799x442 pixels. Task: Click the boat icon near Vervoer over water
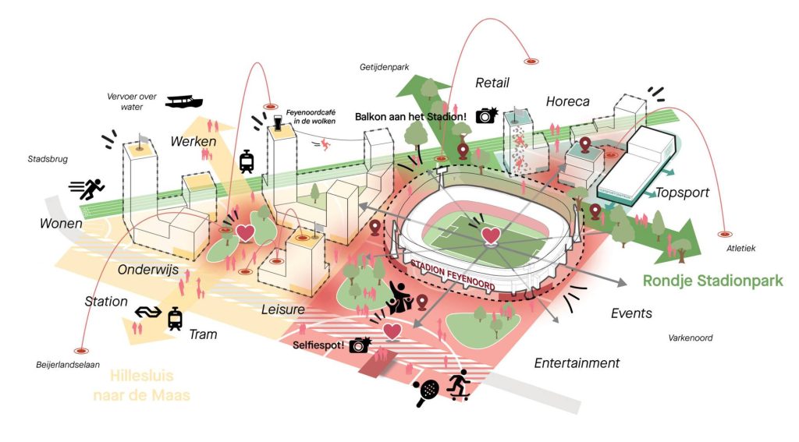click(184, 101)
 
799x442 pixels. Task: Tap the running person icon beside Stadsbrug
click(87, 189)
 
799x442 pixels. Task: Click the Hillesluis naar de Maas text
click(141, 384)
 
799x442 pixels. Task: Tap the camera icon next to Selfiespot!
click(360, 345)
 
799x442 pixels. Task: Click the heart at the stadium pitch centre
click(490, 235)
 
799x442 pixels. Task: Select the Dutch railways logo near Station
click(146, 313)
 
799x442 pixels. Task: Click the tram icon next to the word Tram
click(175, 318)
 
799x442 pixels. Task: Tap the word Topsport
click(682, 193)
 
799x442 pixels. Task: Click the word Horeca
click(567, 101)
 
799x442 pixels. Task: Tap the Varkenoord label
click(691, 338)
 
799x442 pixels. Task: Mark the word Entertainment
click(577, 362)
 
